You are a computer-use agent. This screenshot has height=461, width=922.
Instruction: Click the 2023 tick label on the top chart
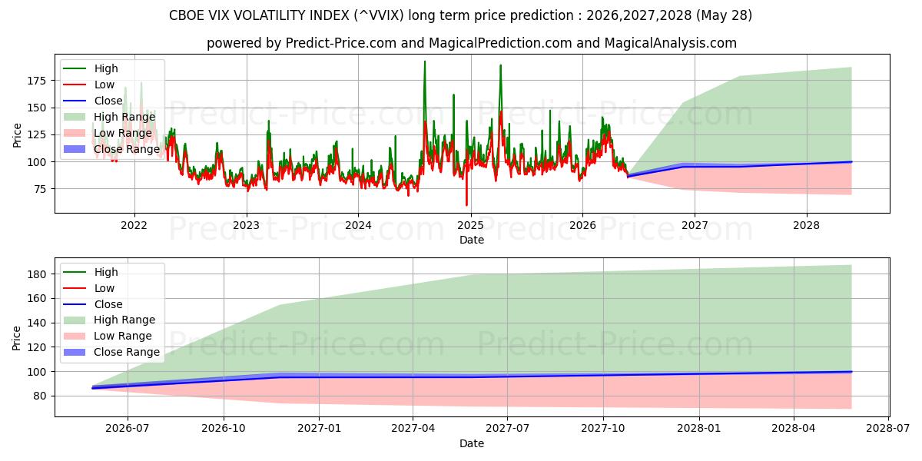[x=246, y=226]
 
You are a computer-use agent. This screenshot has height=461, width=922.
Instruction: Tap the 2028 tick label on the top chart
[x=806, y=226]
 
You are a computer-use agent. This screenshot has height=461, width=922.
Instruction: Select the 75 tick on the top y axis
[x=40, y=189]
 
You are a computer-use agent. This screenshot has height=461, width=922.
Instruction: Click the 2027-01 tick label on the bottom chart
[x=319, y=429]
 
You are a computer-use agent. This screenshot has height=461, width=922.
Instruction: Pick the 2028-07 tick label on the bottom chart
[x=888, y=429]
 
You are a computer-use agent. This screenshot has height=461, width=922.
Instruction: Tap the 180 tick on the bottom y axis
[x=37, y=274]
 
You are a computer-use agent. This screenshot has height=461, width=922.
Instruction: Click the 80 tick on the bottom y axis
[x=40, y=396]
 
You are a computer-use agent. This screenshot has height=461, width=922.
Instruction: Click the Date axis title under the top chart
[x=472, y=240]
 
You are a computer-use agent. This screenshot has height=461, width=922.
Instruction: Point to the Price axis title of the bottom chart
[x=16, y=338]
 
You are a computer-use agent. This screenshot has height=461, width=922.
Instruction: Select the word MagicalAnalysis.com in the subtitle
[x=671, y=43]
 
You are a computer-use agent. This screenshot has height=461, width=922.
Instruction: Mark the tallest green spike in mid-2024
[x=425, y=61]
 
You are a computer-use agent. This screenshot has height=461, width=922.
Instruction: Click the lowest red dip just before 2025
[x=466, y=205]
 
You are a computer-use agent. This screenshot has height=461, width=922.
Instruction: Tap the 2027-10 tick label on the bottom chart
[x=603, y=429]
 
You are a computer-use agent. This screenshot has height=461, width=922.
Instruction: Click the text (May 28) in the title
[x=724, y=15]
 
